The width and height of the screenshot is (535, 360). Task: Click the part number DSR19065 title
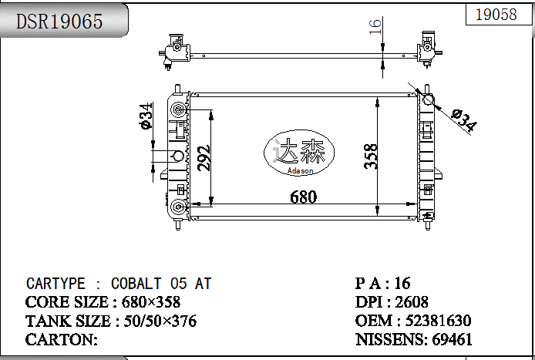pos(59,22)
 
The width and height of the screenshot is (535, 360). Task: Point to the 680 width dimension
pos(303,197)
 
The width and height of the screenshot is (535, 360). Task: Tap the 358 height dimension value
pos(372,156)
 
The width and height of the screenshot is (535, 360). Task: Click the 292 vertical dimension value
pos(204,157)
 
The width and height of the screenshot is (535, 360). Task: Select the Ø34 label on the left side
pos(145,116)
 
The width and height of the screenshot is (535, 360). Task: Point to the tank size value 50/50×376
pos(156,321)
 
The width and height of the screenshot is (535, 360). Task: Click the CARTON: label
pos(62,339)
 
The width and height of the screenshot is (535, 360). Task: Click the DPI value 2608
pos(412,302)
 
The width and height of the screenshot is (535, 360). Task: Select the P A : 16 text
pos(382,283)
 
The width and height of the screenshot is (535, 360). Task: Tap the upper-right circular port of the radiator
pos(428,99)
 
